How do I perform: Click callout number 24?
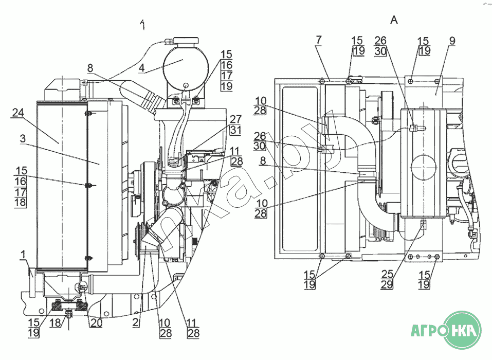click(17, 112)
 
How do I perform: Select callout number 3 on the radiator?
click(23, 138)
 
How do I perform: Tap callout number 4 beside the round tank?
click(142, 68)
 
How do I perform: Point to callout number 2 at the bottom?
click(136, 322)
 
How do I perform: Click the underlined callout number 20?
click(96, 323)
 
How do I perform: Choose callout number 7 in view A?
click(319, 40)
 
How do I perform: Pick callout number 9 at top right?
click(452, 41)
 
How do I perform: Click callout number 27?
click(235, 119)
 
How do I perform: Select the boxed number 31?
click(235, 130)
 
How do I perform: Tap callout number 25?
click(387, 274)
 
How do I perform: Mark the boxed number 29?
click(387, 284)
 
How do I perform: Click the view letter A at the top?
click(394, 21)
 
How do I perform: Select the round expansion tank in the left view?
click(186, 68)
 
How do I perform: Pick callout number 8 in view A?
click(263, 161)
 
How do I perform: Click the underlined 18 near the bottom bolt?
click(56, 322)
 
